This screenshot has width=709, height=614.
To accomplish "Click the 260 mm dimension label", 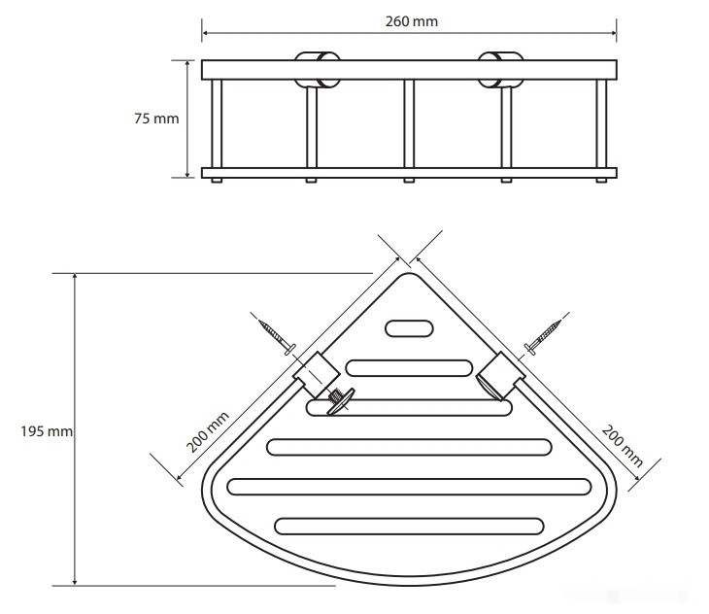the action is (x=412, y=21).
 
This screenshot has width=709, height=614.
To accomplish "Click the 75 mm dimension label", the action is (x=156, y=119).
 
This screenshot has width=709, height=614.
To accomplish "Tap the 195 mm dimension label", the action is (x=47, y=431).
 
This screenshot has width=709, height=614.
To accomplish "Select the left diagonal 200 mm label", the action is (x=208, y=431).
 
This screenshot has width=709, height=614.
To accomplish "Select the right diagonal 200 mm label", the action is (x=623, y=446).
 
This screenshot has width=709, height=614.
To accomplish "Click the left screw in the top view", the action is (x=276, y=336).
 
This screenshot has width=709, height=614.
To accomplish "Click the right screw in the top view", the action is (x=543, y=337).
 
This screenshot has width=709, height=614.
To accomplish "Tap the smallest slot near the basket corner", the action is (x=409, y=328).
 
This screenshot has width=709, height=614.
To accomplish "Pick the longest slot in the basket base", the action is (x=409, y=487).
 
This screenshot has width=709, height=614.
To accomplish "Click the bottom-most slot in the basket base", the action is (x=409, y=527).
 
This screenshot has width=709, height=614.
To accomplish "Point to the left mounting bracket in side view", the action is (x=317, y=70).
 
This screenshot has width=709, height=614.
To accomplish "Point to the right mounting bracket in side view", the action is (x=500, y=70).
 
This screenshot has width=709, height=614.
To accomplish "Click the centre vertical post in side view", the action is (x=409, y=124).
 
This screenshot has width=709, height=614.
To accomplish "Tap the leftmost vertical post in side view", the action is (x=217, y=124).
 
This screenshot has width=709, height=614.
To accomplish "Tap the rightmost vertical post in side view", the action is (x=601, y=124).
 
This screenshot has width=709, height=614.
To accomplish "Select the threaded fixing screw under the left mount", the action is (x=340, y=400).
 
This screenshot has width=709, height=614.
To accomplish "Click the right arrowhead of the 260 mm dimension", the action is (x=613, y=33).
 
